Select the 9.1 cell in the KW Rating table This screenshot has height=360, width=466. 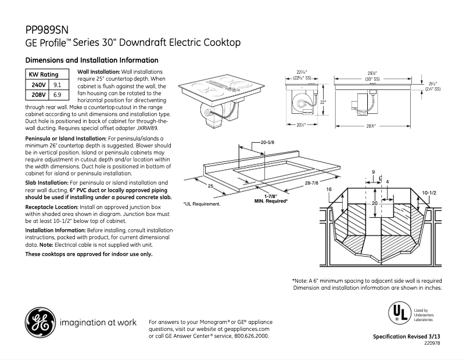pyautogui.click(x=58, y=85)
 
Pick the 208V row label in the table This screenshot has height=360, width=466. pyautogui.click(x=38, y=94)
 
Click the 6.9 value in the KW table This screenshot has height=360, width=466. pyautogui.click(x=58, y=94)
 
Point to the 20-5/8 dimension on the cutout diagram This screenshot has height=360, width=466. pyautogui.click(x=268, y=142)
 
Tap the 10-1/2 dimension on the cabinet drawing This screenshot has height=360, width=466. pyautogui.click(x=429, y=192)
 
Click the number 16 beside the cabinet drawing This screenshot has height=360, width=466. pyautogui.click(x=329, y=190)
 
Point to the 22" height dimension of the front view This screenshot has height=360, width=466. pyautogui.click(x=323, y=102)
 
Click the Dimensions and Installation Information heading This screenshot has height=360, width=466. pyautogui.click(x=92, y=60)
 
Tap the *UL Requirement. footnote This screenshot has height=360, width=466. pyautogui.click(x=202, y=204)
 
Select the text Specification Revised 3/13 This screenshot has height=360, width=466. pyautogui.click(x=407, y=337)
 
